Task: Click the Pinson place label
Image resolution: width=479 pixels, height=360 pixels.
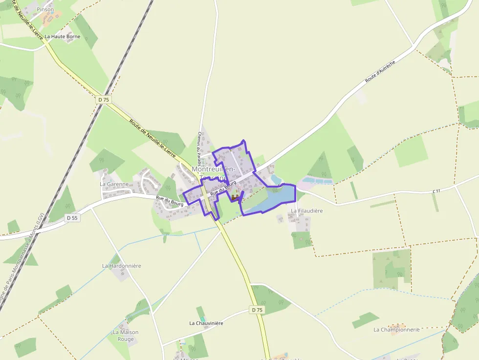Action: pyautogui.click(x=45, y=9)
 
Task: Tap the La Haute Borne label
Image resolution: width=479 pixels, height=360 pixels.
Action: pyautogui.click(x=62, y=36)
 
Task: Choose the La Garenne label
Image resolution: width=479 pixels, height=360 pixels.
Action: pyautogui.click(x=114, y=184)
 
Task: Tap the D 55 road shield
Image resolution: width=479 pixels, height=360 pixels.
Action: pyautogui.click(x=71, y=218)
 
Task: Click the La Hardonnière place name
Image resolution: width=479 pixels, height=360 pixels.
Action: pyautogui.click(x=121, y=266)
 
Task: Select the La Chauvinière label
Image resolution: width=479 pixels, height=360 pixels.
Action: pyautogui.click(x=206, y=323)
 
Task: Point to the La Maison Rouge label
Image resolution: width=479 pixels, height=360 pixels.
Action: pyautogui.click(x=126, y=336)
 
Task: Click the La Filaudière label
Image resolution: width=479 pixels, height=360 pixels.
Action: pyautogui.click(x=307, y=211)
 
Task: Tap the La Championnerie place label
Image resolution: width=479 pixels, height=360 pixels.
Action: pyautogui.click(x=396, y=330)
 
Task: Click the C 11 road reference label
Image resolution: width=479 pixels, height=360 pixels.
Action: pyautogui.click(x=436, y=191)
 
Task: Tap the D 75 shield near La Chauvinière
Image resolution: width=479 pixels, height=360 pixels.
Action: pyautogui.click(x=257, y=310)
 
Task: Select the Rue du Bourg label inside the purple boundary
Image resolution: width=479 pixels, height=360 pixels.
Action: pyautogui.click(x=223, y=188)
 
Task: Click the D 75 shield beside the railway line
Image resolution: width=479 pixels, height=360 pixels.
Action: pyautogui.click(x=103, y=100)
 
